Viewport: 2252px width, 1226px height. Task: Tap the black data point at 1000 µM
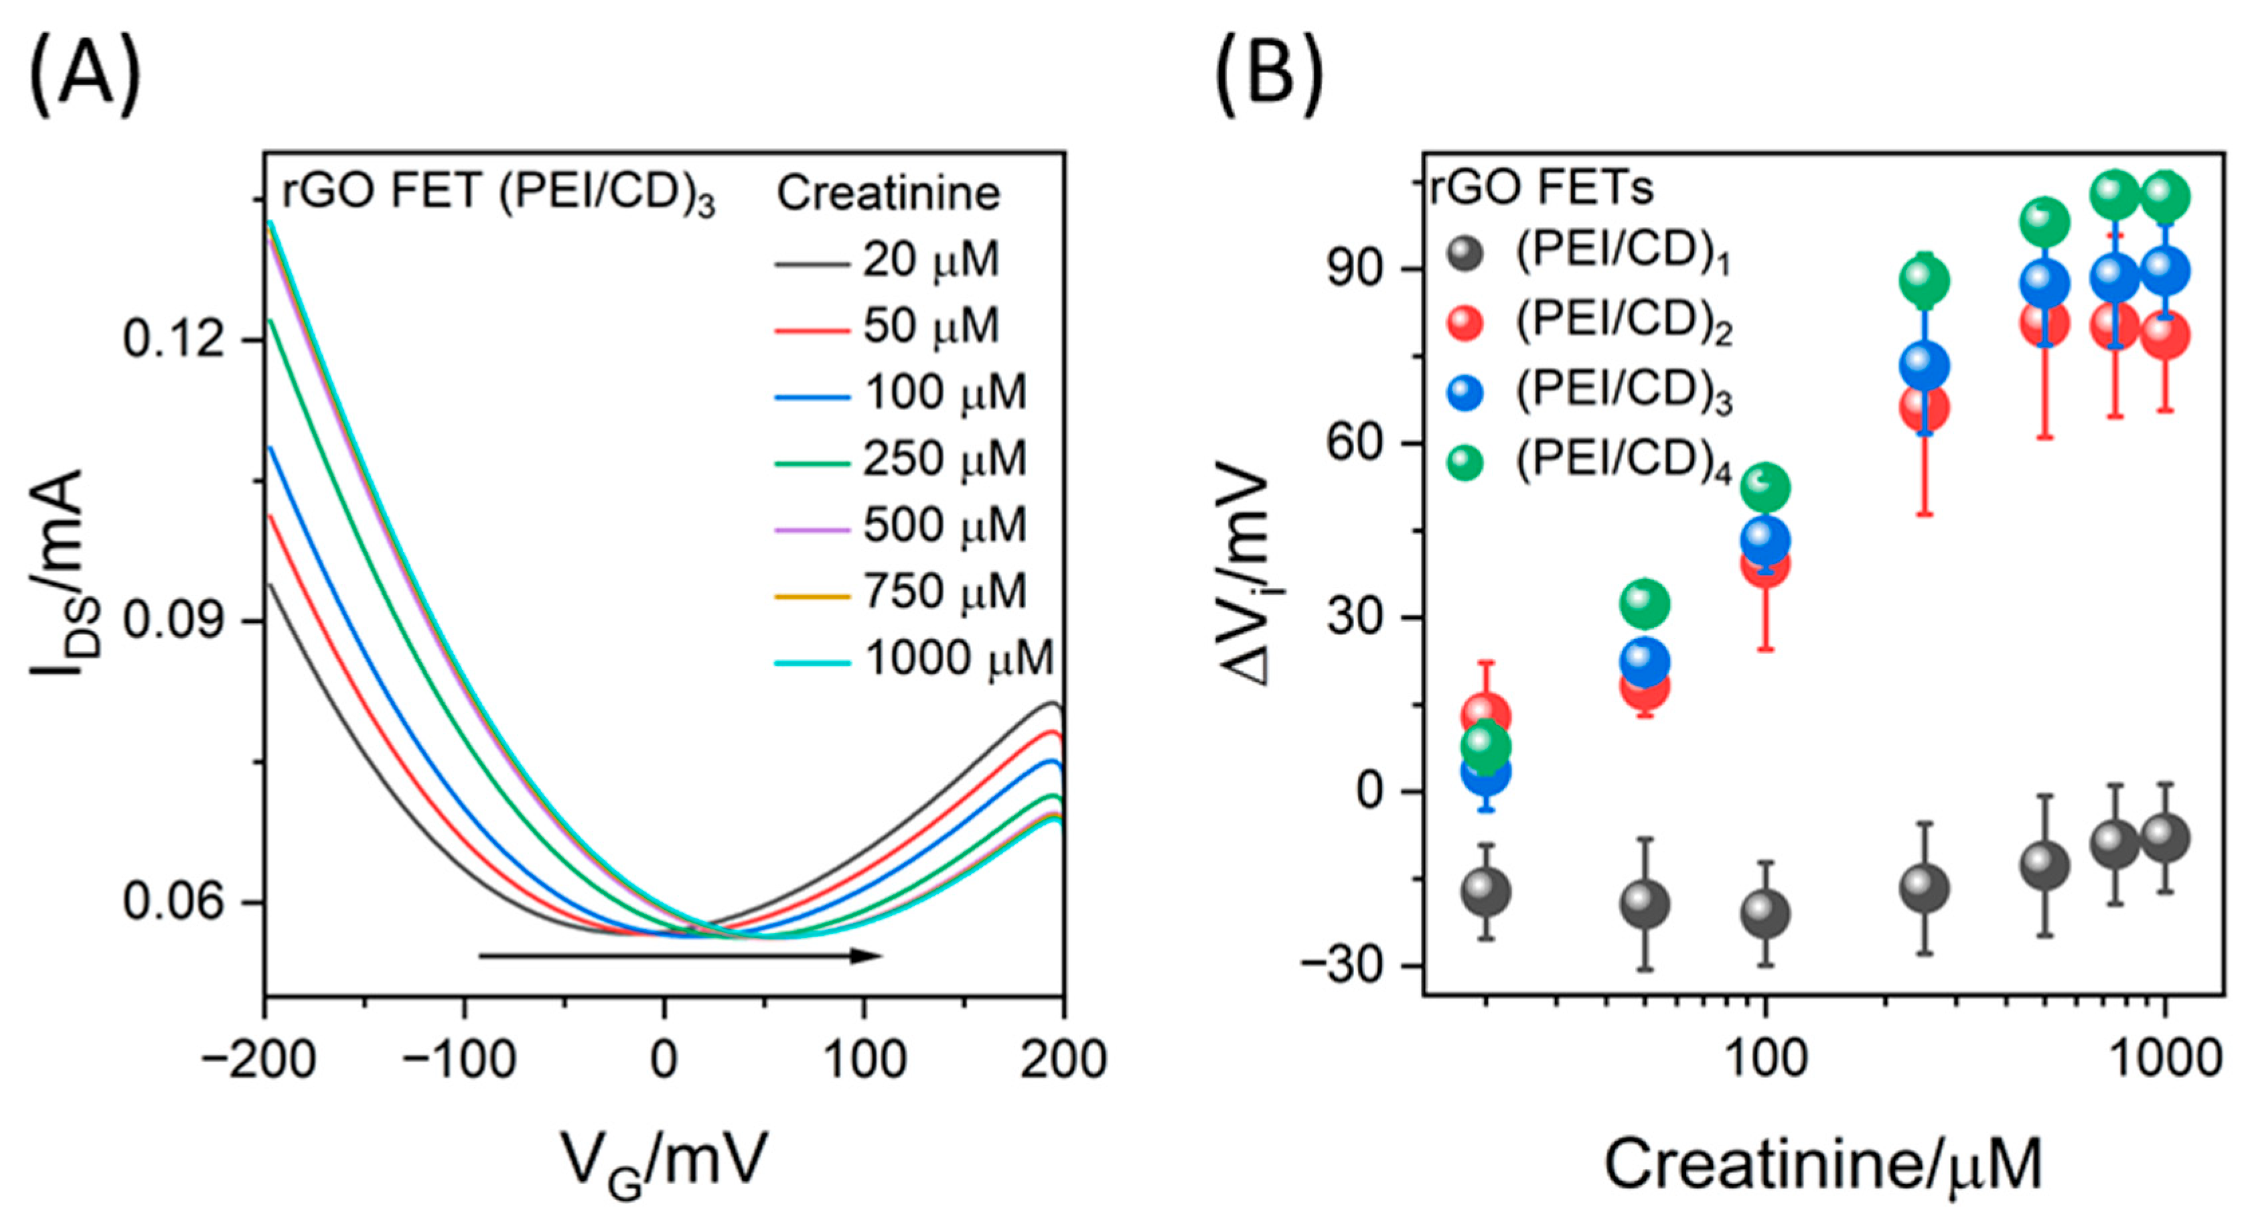(2166, 837)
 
